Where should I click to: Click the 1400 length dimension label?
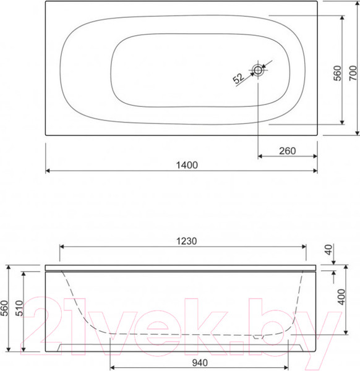point(187,165)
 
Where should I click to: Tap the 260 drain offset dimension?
point(288,151)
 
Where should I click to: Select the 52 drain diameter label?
point(238,79)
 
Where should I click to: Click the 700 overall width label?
point(353,73)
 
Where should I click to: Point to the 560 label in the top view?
point(338,73)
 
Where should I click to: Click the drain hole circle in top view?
point(258,70)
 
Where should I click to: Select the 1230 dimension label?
point(187,241)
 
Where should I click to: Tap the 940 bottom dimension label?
point(200,363)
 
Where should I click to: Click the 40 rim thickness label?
point(328,250)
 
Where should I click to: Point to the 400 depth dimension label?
point(341,297)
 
